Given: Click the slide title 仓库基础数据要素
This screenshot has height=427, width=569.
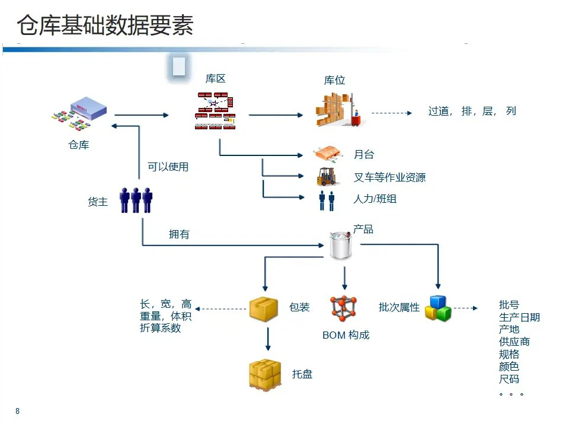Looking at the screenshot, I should pos(105,26).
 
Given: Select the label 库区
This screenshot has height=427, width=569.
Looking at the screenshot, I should pos(215,78).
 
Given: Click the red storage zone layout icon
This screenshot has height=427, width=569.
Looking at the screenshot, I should pos(215,111).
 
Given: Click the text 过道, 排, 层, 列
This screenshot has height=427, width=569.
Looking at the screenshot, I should pos(472,111).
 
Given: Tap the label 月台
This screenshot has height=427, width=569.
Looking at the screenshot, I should pos(363,155).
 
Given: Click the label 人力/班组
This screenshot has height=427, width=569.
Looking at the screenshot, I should pos(375,199).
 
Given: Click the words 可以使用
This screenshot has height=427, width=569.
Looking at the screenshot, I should pos(168,167).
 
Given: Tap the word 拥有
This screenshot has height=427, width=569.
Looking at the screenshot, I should pos(179,235).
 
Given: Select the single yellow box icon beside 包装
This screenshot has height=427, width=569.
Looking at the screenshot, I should pos(264,309).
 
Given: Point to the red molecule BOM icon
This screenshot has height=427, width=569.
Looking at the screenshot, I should pos(344,308).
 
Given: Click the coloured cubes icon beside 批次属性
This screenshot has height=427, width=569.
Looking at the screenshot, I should pos(438,308).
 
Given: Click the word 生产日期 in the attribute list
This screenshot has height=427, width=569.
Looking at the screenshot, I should pos(519,317).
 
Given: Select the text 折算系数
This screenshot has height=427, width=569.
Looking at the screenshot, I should pos(160,328).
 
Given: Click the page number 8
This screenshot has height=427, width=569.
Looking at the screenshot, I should pos(18,411).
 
